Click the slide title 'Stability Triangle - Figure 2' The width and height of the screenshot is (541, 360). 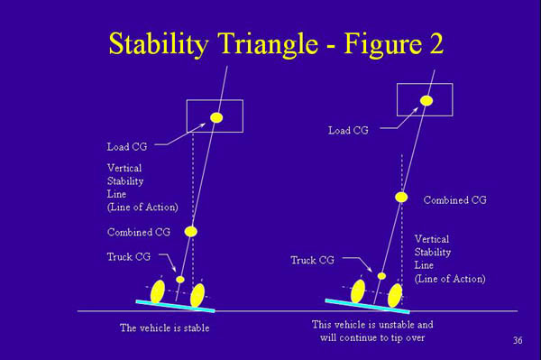tap(275, 42)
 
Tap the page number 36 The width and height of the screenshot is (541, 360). tap(518, 339)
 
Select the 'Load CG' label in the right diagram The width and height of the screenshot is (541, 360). tap(347, 130)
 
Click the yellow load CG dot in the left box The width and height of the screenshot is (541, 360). tap(215, 117)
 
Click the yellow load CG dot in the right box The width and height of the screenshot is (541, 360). tap(426, 100)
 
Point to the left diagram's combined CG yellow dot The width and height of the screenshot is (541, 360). tap(191, 231)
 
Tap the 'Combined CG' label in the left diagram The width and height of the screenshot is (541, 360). tap(138, 232)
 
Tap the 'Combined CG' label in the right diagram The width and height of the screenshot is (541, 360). tap(454, 199)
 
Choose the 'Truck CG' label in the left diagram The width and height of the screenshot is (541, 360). tap(129, 256)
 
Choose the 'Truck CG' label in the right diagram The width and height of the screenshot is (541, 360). tap(312, 260)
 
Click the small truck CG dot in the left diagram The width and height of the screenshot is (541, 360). tap(180, 280)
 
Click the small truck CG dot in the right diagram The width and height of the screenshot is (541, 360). tap(381, 275)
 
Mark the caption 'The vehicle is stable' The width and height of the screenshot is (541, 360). tap(164, 328)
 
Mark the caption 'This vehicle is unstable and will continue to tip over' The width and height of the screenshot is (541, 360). tap(372, 330)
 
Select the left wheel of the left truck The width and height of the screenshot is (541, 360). tap(157, 291)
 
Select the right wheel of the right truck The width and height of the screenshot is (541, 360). tap(394, 295)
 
